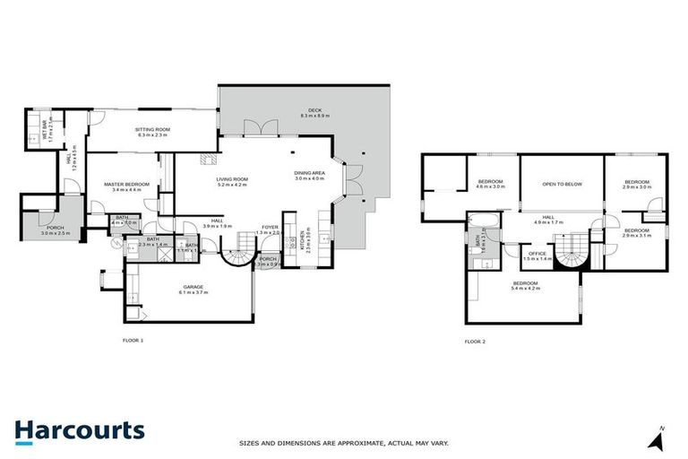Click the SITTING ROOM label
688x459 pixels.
tap(153, 129)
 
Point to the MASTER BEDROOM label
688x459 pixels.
tap(125, 184)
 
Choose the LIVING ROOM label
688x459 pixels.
tap(231, 179)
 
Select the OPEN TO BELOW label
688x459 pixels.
tap(562, 184)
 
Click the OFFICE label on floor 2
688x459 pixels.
tap(537, 253)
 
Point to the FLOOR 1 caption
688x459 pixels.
tap(133, 341)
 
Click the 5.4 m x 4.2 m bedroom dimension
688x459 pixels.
tap(526, 289)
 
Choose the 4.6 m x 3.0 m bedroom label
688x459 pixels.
tap(491, 187)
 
